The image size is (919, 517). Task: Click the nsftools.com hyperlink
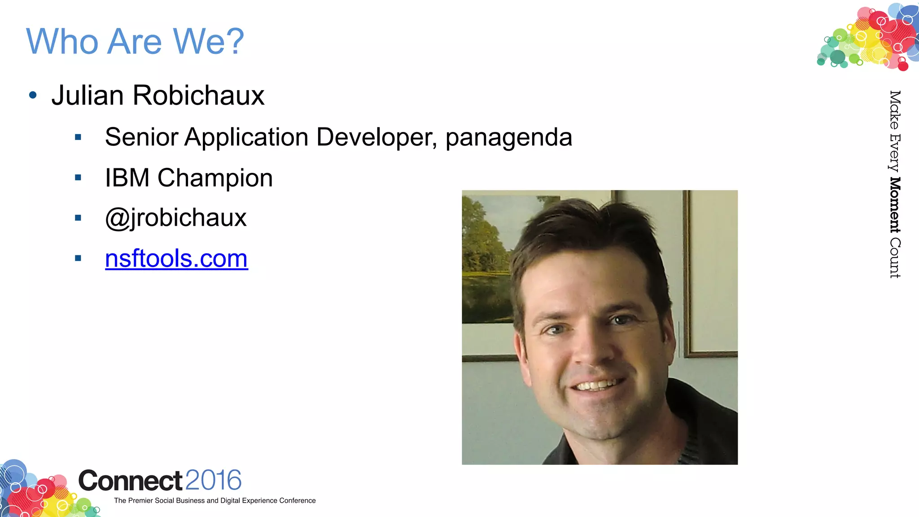[x=176, y=258]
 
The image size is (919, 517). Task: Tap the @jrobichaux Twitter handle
[x=175, y=218]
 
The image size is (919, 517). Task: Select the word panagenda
[x=509, y=137]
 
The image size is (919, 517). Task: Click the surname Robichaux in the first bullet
[x=198, y=96]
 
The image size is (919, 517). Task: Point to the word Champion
[x=215, y=178]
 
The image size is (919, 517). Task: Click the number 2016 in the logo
[x=213, y=480]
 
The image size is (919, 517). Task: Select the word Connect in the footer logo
[x=130, y=481]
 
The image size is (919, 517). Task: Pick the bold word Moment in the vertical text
[x=895, y=205]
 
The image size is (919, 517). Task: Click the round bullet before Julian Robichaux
[x=33, y=95]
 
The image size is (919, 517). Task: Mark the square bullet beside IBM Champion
[x=78, y=178]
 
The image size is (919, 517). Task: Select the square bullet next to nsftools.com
[x=78, y=258]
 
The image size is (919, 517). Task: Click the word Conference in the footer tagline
[x=298, y=500]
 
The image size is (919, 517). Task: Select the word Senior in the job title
[x=142, y=137]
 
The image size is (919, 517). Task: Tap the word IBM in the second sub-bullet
[x=127, y=178]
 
